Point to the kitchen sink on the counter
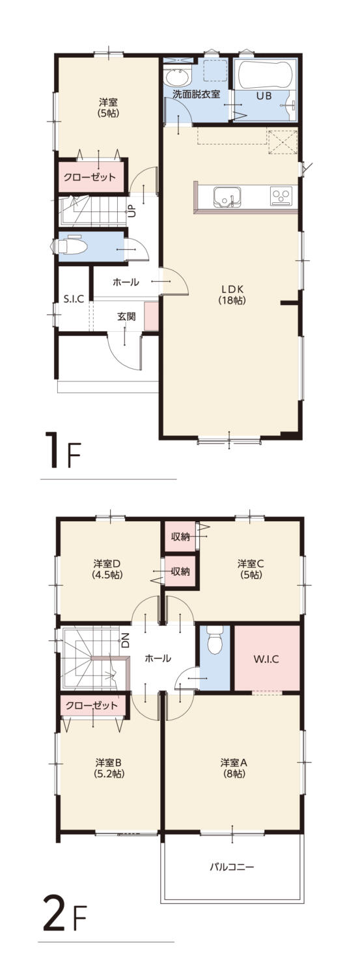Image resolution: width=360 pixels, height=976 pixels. point(227,197)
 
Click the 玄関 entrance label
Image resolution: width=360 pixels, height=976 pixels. point(126,316)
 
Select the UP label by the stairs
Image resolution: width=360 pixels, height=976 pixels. point(132,211)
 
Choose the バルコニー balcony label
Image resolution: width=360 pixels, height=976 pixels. point(232,866)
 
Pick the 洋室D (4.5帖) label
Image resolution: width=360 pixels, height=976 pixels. point(107,569)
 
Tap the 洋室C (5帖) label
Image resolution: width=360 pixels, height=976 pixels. point(251,569)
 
